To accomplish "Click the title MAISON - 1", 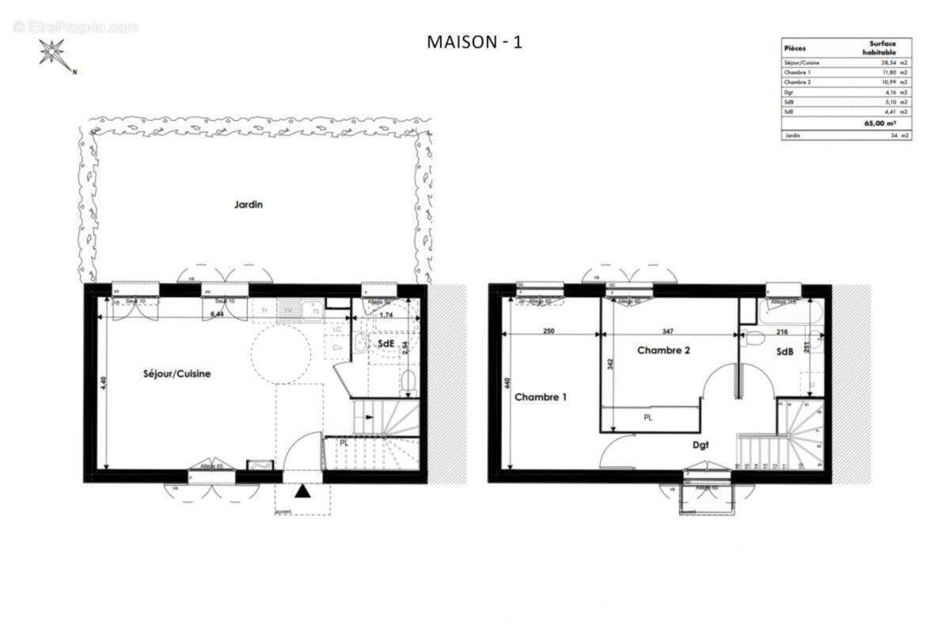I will coord(474,42).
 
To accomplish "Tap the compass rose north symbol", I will coord(54,54).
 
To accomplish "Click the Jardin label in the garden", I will coord(248,204).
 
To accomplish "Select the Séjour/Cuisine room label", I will coord(177,373).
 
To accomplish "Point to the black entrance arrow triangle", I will coord(302,492).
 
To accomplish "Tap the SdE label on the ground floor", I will coord(385,344).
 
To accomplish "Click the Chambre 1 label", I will coord(541,397).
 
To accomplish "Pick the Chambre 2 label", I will coord(664,350).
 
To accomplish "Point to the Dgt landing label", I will coord(700,445).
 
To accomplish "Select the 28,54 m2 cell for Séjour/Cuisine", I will coord(890,62).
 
